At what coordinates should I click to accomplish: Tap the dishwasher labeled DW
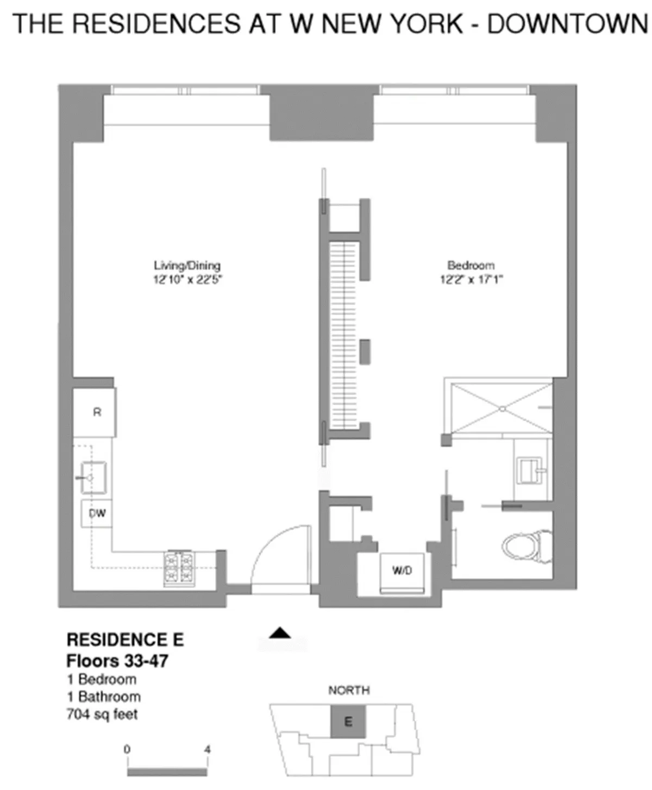[x=97, y=513]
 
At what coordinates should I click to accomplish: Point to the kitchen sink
[x=93, y=477]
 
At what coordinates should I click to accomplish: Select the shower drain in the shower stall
[x=503, y=408]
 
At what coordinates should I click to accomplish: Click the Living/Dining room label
[x=187, y=266]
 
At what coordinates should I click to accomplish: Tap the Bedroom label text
[x=471, y=266]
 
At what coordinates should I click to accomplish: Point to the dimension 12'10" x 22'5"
[x=188, y=280]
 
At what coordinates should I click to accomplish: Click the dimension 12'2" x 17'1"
[x=471, y=280]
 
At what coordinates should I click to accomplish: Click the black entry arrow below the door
[x=281, y=632]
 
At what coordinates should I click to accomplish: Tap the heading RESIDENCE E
[x=125, y=639]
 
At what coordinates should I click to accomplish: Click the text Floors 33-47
[x=117, y=661]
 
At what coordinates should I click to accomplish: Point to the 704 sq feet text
[x=102, y=714]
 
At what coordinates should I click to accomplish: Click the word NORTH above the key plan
[x=349, y=690]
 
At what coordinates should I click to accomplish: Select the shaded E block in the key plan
[x=348, y=722]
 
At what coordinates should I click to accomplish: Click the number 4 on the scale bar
[x=207, y=750]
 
